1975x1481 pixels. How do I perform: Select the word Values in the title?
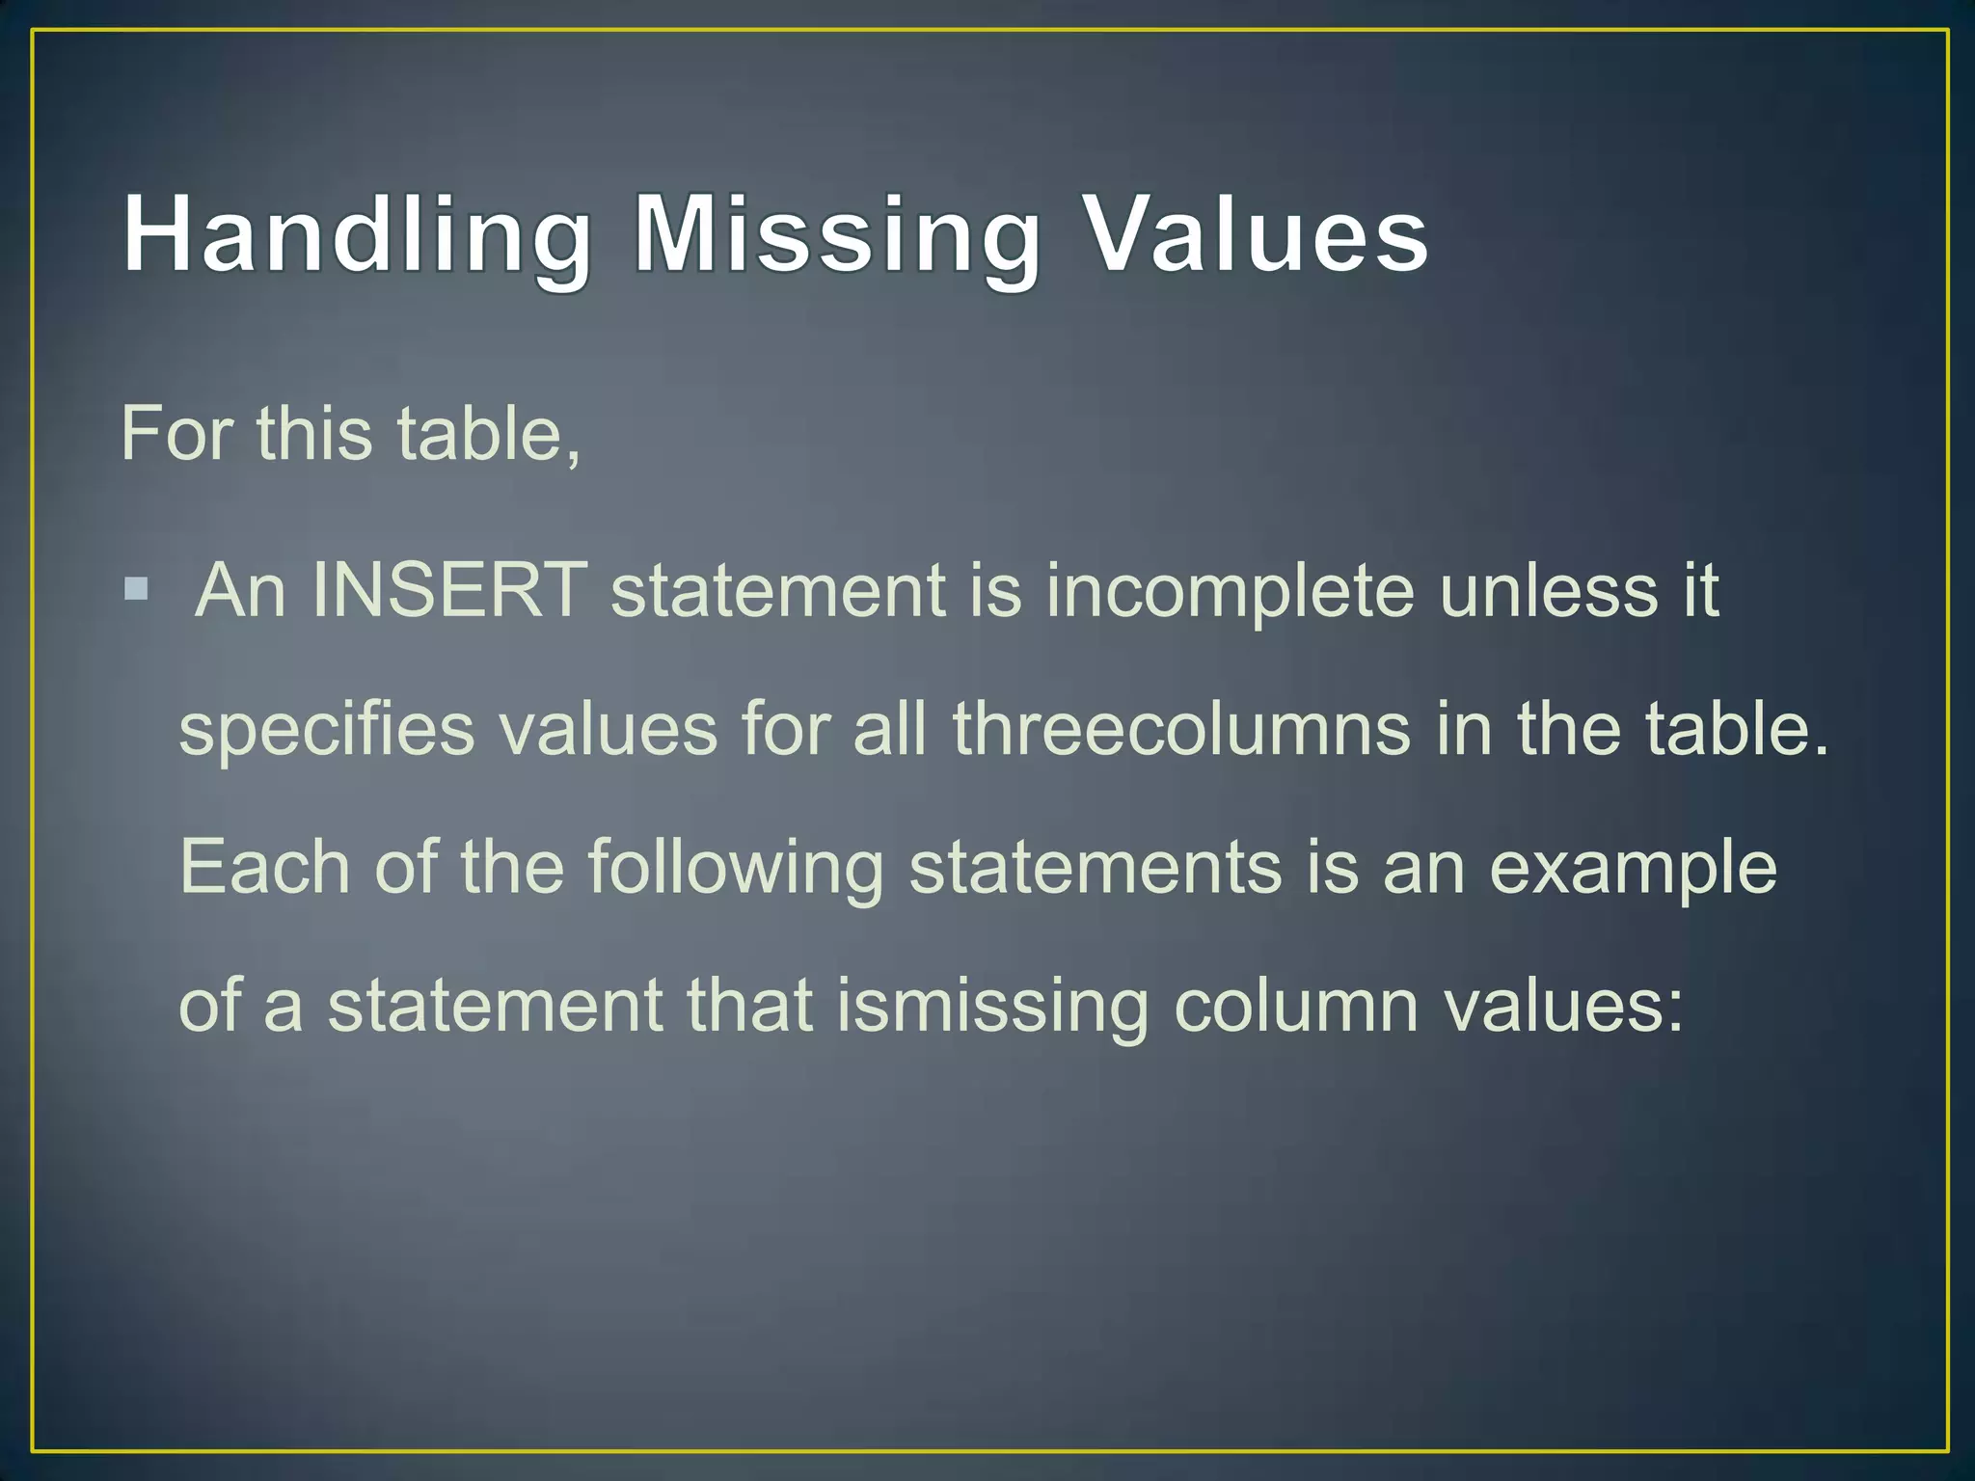pos(1256,235)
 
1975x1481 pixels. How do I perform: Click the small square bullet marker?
pos(136,588)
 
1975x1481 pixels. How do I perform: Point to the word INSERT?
pos(448,590)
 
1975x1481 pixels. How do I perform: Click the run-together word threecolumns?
pos(1182,729)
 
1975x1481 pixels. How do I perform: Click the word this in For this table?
pos(314,434)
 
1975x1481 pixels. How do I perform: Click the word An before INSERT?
pos(240,590)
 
